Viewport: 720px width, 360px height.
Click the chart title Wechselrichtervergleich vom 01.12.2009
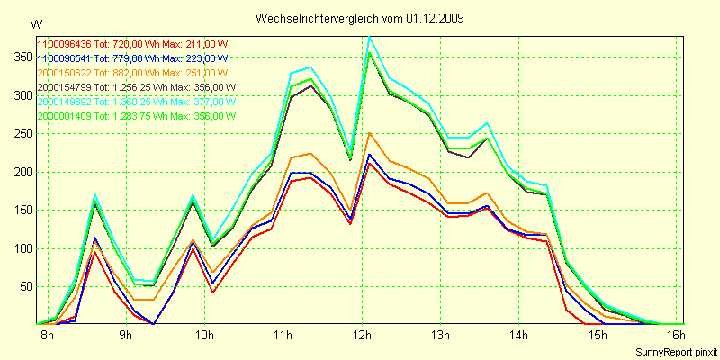point(360,18)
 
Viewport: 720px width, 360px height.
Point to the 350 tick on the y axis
point(20,56)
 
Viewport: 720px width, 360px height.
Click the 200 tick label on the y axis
point(20,172)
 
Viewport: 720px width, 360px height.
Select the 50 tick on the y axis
point(22,287)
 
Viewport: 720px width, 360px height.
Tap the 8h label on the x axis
point(47,336)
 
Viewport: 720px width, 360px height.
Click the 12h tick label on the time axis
point(363,336)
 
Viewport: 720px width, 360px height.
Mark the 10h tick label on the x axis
point(204,336)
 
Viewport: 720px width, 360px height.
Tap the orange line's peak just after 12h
point(369,133)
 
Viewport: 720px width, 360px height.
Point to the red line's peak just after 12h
point(369,163)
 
